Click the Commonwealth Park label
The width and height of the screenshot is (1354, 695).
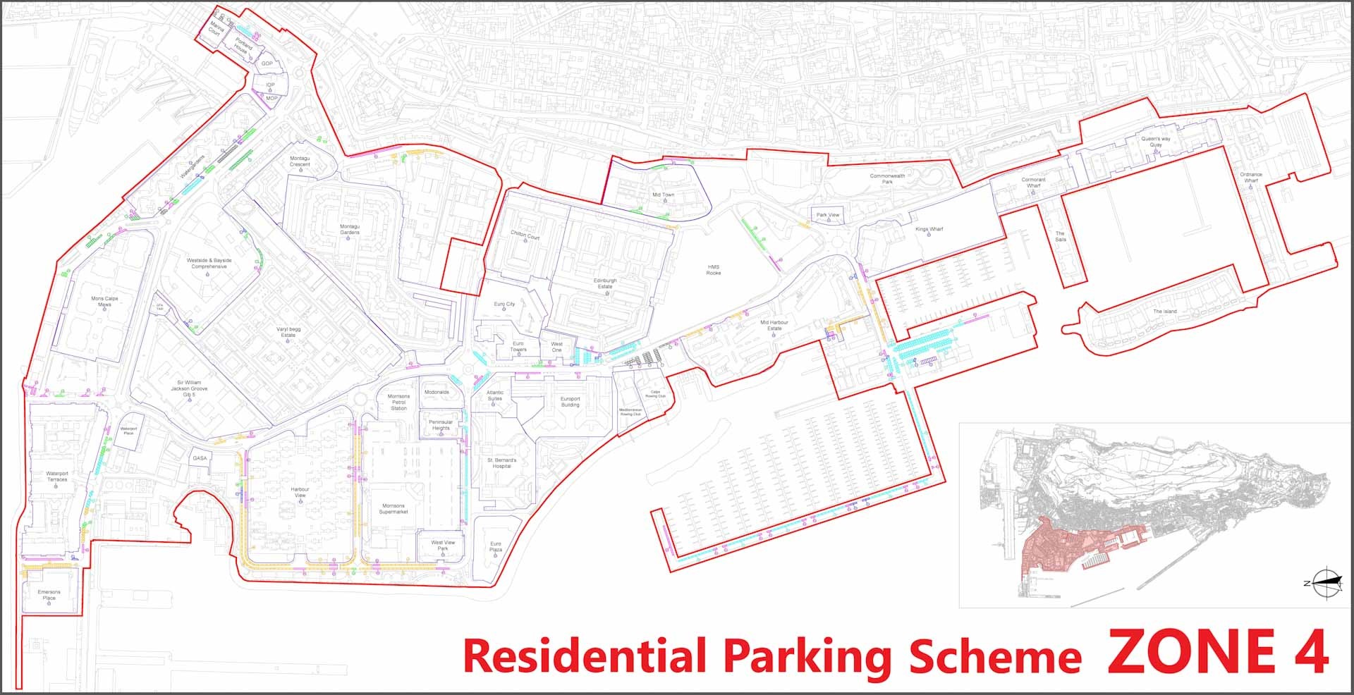tap(887, 178)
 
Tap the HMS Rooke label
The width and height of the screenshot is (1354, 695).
tap(714, 270)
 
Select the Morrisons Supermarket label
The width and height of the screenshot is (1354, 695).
tap(394, 508)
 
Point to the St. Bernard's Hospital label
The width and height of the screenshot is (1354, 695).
tap(501, 462)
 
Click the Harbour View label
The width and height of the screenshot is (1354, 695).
tap(300, 492)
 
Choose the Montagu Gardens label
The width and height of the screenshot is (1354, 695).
tap(350, 229)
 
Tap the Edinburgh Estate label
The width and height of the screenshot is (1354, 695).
tap(605, 283)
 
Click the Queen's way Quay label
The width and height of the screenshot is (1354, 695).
tap(1156, 142)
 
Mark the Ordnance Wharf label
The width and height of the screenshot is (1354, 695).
tap(1251, 177)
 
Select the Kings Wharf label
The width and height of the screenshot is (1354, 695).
tap(929, 229)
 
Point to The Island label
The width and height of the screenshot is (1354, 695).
tap(1164, 311)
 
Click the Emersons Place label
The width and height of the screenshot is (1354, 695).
tap(49, 595)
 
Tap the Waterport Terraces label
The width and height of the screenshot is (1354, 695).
tap(57, 476)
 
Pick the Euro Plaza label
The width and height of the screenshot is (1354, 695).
tap(496, 546)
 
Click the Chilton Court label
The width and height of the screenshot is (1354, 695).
tap(525, 235)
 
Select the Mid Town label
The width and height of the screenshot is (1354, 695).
tap(663, 195)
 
